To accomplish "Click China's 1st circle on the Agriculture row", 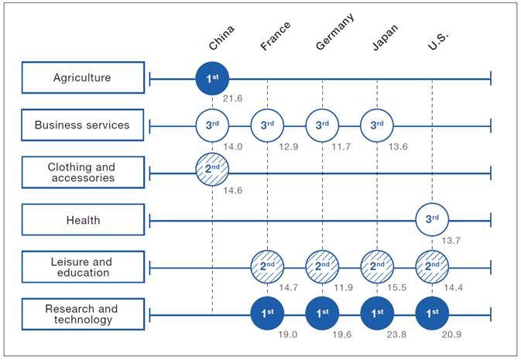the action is [212, 79].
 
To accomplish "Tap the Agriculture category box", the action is [83, 77].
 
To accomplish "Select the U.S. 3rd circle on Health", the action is [432, 219].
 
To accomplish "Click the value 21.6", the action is [232, 98].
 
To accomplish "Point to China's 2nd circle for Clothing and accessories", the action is [212, 170].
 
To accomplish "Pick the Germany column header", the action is [334, 32].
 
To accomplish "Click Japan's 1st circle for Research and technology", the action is [377, 314].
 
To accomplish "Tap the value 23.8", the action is [396, 334].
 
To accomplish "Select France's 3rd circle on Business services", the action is [267, 125].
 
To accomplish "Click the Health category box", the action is [83, 220].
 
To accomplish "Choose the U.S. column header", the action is [438, 41].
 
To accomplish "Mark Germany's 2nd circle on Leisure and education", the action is [322, 266].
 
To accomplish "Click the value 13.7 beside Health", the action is [451, 240].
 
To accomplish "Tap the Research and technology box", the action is [83, 314].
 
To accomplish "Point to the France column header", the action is [275, 36].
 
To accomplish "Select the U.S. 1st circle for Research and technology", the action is [432, 314].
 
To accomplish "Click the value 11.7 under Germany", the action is [341, 146].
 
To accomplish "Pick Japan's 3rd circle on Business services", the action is [377, 125].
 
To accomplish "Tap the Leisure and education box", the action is [83, 267].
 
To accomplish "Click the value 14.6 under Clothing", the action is [232, 190].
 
